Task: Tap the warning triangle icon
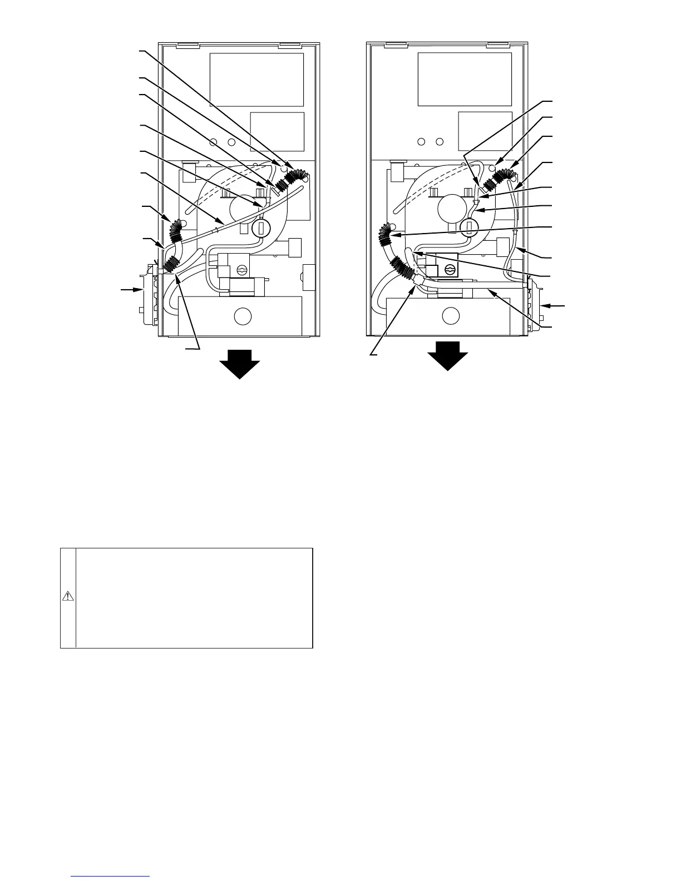coord(67,597)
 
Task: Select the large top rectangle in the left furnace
coord(256,80)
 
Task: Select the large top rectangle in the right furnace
coord(465,80)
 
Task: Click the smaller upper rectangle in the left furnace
coord(277,132)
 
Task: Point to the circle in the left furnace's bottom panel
coord(243,316)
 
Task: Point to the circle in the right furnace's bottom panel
coord(451,316)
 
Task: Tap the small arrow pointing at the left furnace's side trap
coord(129,290)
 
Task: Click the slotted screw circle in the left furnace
coord(241,270)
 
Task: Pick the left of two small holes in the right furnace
coord(422,141)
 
